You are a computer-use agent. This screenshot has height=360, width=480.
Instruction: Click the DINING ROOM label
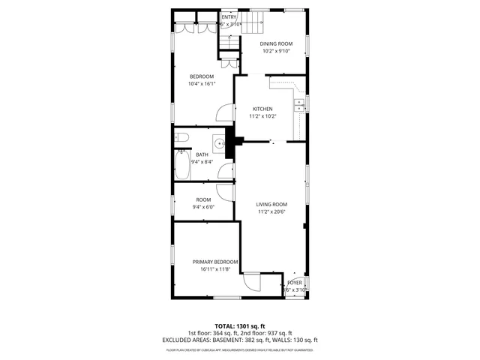pyautogui.click(x=276, y=43)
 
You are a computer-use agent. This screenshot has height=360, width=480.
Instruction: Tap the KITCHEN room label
pyautogui.click(x=262, y=109)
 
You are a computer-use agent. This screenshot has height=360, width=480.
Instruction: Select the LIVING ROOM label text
pyautogui.click(x=271, y=204)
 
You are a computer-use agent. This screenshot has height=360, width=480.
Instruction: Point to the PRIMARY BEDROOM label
pyautogui.click(x=215, y=262)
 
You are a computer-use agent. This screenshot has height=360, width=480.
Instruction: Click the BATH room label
pyautogui.click(x=202, y=154)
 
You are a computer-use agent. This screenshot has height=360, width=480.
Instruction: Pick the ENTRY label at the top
pyautogui.click(x=229, y=16)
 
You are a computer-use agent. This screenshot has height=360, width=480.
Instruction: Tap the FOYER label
pyautogui.click(x=295, y=283)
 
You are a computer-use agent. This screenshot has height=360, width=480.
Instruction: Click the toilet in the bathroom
pyautogui.click(x=181, y=137)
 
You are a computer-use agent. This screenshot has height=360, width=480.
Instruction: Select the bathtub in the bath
pyautogui.click(x=182, y=165)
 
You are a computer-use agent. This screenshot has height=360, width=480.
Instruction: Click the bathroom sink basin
pyautogui.click(x=218, y=142)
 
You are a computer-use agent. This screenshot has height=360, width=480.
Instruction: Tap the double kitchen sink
pyautogui.click(x=298, y=105)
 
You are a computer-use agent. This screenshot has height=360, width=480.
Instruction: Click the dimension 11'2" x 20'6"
pyautogui.click(x=271, y=211)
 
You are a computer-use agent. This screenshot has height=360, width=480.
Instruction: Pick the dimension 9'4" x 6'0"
pyautogui.click(x=203, y=207)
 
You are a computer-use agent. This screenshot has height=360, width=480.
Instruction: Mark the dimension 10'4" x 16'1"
pyautogui.click(x=201, y=84)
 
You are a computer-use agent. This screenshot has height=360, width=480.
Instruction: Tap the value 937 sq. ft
pyautogui.click(x=278, y=333)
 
